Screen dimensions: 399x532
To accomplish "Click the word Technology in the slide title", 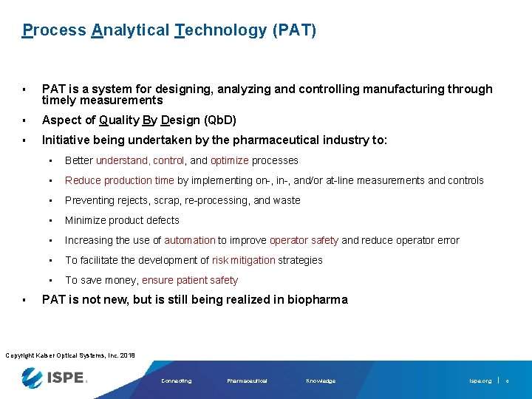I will [221, 30].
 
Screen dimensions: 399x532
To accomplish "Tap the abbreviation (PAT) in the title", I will [294, 30].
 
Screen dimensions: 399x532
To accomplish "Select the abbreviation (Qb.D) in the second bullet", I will [210, 120].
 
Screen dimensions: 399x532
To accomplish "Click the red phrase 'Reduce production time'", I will [120, 180].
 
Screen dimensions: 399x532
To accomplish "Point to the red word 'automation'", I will [190, 240].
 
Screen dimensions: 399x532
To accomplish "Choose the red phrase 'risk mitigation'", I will [244, 260].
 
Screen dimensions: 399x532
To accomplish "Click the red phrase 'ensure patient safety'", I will [190, 280].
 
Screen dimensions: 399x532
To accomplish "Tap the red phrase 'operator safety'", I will [304, 240].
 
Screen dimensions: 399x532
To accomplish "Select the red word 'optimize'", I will [229, 160].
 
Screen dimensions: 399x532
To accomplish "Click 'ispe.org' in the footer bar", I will [480, 381].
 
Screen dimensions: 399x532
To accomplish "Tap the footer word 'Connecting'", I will [176, 381].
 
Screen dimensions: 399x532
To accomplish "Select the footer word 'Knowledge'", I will [321, 381].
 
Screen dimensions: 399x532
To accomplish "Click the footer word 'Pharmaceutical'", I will [247, 381].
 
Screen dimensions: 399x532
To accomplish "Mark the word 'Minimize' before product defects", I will [85, 220].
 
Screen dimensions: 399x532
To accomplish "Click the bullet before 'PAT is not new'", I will [24, 299].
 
